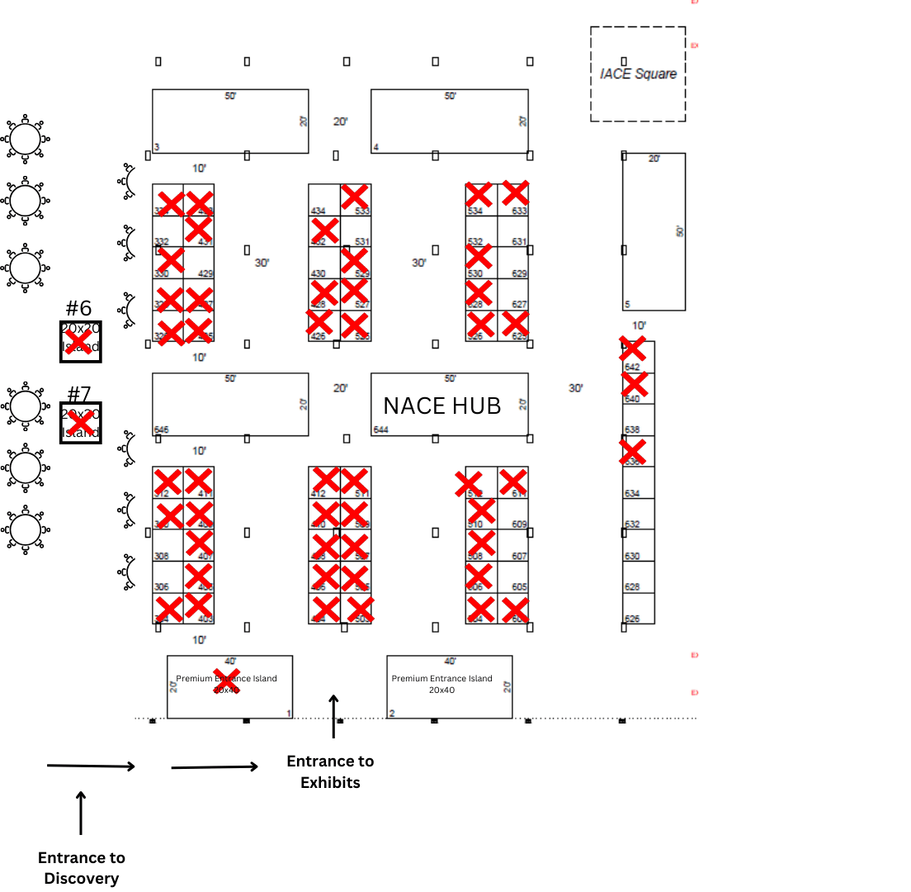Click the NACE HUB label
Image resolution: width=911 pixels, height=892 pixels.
[441, 406]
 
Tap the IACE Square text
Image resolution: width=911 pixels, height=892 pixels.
[638, 74]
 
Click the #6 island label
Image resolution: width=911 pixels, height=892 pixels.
[78, 309]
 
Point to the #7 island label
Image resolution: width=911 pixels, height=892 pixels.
[78, 393]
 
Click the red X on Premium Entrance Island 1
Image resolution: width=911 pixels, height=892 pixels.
[226, 681]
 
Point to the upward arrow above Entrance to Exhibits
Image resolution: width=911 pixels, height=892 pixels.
[333, 715]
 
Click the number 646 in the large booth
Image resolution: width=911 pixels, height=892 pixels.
[161, 430]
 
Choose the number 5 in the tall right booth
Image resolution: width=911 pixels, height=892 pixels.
[627, 304]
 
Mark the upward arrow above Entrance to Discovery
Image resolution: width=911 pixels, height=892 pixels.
[81, 813]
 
